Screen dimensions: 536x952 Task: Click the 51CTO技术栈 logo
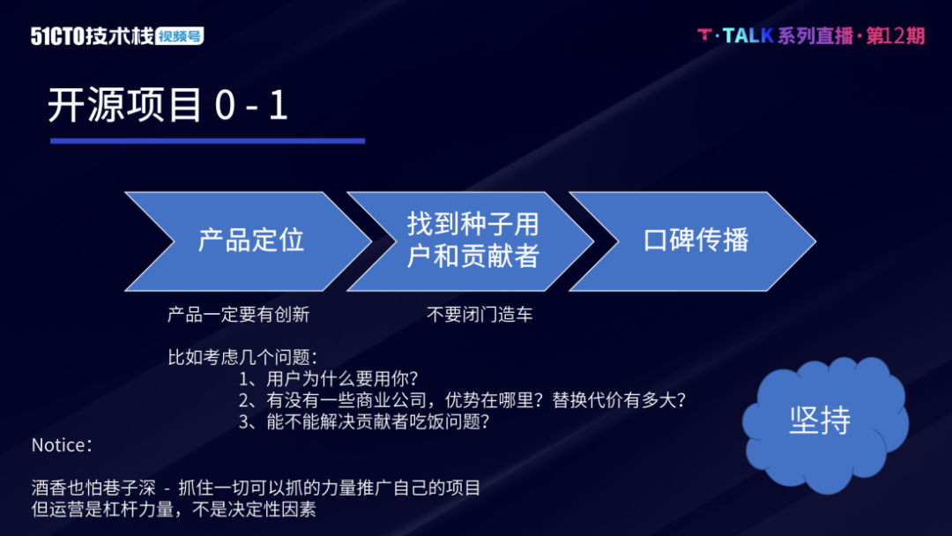click(x=92, y=36)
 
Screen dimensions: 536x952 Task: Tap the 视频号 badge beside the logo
click(x=180, y=36)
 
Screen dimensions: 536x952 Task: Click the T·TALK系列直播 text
click(x=776, y=35)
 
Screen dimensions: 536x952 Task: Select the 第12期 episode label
click(x=896, y=35)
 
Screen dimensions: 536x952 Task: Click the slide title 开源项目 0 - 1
click(x=167, y=106)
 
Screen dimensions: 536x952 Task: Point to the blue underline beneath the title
click(x=207, y=140)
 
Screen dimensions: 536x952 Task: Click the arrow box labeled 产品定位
click(x=250, y=241)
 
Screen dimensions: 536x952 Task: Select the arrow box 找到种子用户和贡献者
click(x=472, y=241)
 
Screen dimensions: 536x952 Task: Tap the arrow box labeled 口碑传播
click(x=695, y=241)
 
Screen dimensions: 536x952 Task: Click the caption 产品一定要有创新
click(x=238, y=315)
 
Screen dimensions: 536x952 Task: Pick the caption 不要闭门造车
click(x=480, y=315)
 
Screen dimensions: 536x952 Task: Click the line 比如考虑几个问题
click(x=242, y=357)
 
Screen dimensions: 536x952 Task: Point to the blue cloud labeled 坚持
click(x=820, y=420)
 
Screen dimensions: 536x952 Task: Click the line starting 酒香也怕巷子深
click(x=256, y=488)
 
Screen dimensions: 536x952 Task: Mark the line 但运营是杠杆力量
click(x=174, y=509)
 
